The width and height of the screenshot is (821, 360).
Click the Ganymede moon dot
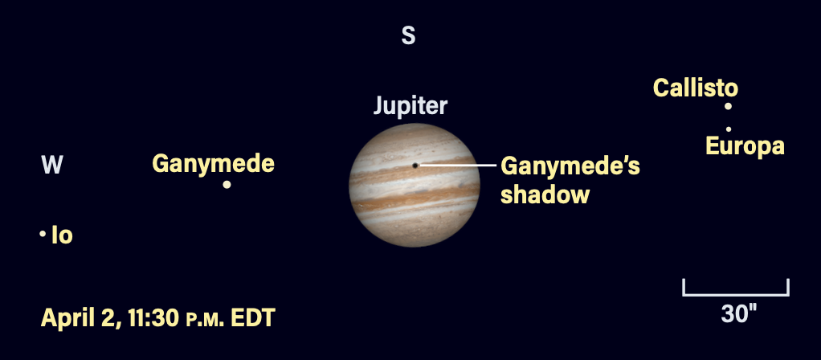point(227,185)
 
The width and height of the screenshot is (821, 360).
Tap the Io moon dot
point(42,234)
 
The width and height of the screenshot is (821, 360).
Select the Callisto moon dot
point(728,106)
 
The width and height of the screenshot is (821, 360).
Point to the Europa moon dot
point(729,129)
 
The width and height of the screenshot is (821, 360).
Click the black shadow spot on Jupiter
point(415,166)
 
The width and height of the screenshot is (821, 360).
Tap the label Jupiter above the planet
point(410,107)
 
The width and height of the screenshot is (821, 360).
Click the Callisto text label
point(695,88)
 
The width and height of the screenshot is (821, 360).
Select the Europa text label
point(744,146)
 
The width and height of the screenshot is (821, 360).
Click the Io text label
point(62,236)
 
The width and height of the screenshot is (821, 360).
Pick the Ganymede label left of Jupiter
point(213,165)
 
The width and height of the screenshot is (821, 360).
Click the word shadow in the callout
point(545,194)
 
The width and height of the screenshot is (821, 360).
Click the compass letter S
point(409,36)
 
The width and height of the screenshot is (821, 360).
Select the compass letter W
point(52,166)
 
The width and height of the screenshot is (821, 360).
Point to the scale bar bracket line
point(735,294)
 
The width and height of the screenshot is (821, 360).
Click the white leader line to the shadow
point(458,166)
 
